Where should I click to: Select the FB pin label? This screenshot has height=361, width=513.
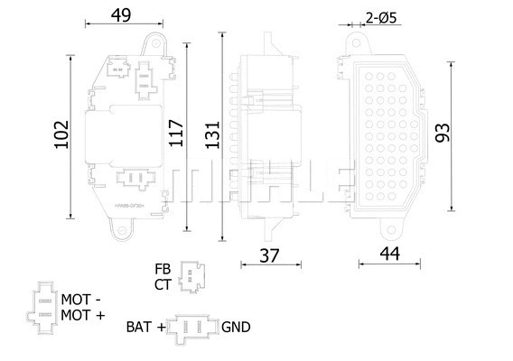(163, 269)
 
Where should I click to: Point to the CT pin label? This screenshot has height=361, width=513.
(163, 284)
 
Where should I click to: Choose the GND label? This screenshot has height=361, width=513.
(236, 327)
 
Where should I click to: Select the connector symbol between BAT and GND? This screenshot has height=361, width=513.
(192, 327)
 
